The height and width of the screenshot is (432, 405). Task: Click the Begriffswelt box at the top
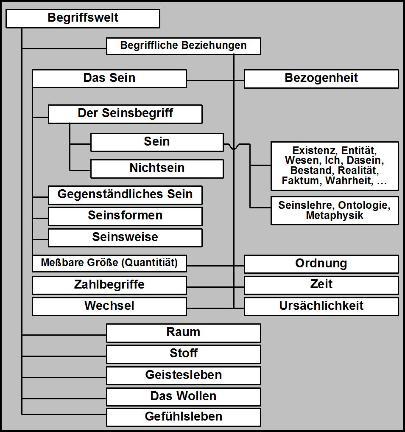point(83,18)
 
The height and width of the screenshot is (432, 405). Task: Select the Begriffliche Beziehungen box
point(183,46)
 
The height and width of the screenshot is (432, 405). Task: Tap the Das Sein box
point(109,79)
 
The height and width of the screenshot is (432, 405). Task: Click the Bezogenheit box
point(321,79)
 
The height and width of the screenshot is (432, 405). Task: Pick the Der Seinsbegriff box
point(125,114)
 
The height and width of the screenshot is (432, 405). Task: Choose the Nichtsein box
point(157,168)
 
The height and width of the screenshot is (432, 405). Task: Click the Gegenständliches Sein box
point(125,195)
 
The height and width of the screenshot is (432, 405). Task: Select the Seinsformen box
point(125,216)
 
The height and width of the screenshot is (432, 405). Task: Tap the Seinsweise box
point(125,237)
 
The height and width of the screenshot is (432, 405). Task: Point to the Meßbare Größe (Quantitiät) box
point(109,263)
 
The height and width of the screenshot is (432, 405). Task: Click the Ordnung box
point(321,264)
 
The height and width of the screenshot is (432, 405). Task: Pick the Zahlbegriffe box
point(109,285)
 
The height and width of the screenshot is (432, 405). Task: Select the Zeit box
point(321,284)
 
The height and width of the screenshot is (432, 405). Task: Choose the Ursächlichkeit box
point(321,306)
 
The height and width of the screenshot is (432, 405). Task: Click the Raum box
point(183,332)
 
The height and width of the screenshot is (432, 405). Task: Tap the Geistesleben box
point(183,375)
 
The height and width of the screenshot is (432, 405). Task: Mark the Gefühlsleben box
point(183,417)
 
